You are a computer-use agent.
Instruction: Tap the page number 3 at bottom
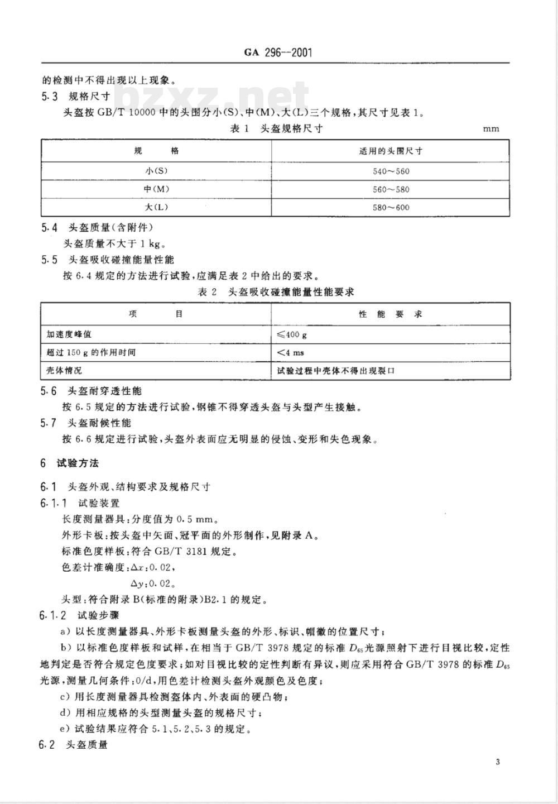click(x=497, y=763)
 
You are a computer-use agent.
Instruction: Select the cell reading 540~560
click(x=391, y=171)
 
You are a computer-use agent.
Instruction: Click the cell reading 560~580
click(x=391, y=189)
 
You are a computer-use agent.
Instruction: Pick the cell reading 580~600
click(x=391, y=207)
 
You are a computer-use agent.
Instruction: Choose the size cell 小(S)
click(x=156, y=171)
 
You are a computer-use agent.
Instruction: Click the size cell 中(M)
click(x=156, y=189)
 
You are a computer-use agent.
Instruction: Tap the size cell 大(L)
click(x=156, y=207)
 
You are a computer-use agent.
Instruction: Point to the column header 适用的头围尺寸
click(x=391, y=151)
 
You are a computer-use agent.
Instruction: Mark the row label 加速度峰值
click(x=69, y=334)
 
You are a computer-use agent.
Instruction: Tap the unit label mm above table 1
click(x=491, y=129)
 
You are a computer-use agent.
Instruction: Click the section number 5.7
click(x=49, y=423)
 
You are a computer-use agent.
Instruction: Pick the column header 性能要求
click(x=391, y=314)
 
